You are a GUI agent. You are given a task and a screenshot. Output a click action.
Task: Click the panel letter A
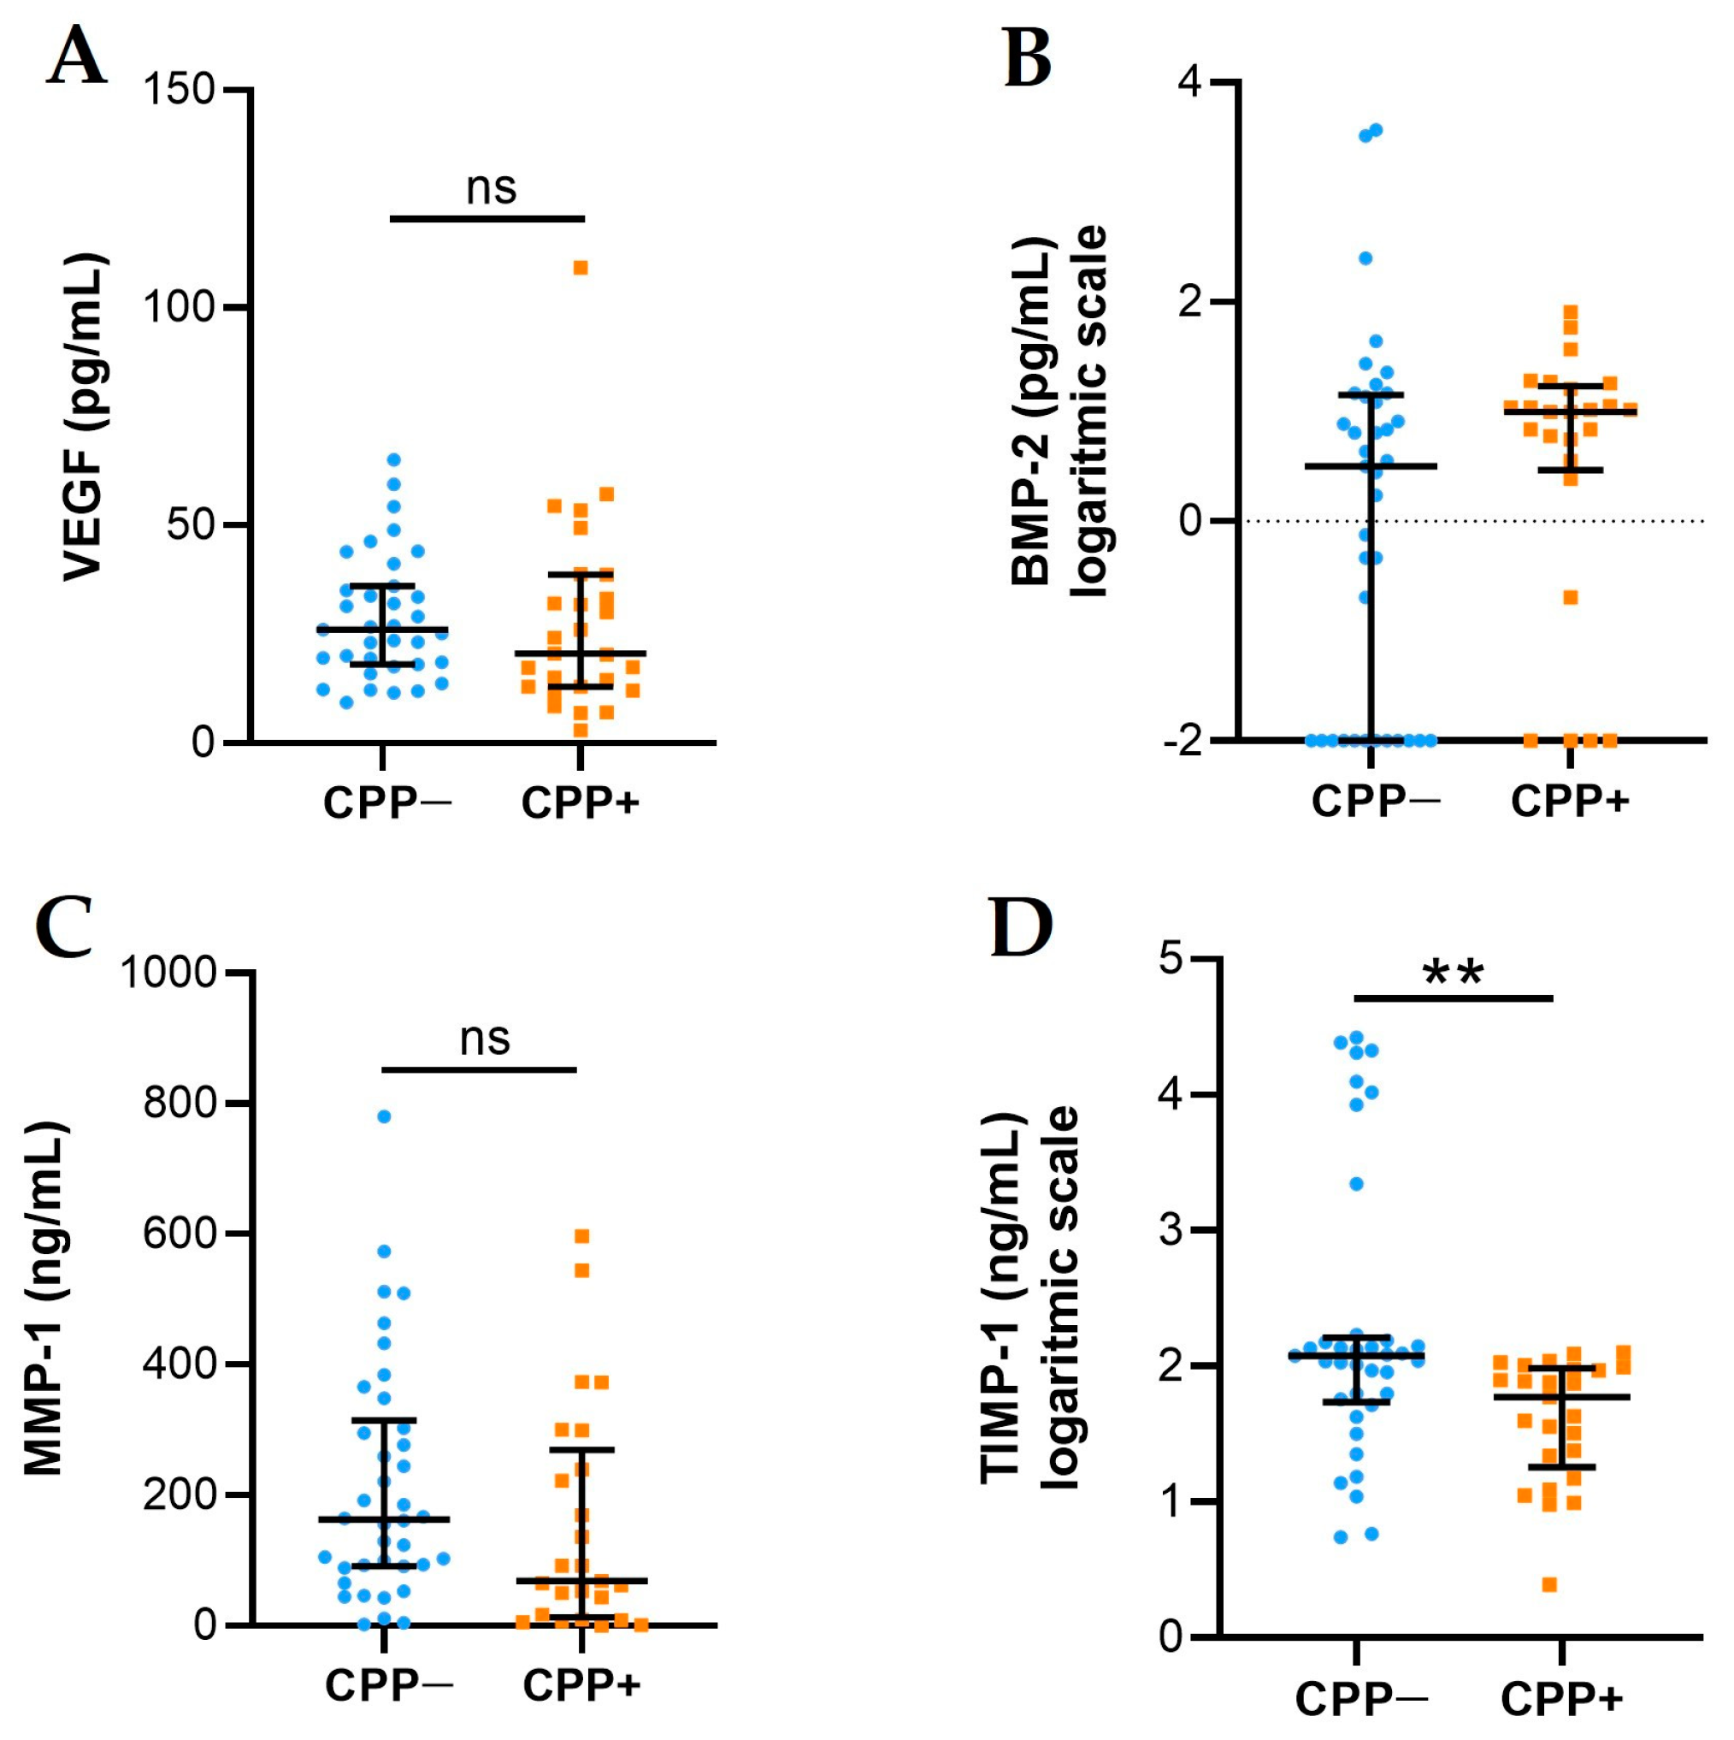tap(77, 56)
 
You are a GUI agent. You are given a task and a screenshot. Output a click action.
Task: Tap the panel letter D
tap(1021, 927)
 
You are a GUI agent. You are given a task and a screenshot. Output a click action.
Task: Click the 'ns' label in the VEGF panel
tap(491, 187)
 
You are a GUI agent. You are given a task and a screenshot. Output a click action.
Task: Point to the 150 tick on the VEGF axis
tap(180, 90)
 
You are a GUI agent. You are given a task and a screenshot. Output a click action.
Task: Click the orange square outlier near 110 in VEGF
tap(581, 268)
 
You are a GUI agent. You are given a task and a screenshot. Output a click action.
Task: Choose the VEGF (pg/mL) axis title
tap(85, 416)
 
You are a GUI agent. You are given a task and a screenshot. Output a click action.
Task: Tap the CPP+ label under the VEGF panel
tap(580, 802)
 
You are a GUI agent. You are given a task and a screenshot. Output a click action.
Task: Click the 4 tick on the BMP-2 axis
tap(1191, 82)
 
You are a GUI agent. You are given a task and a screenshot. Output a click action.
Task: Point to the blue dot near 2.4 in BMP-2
tap(1365, 258)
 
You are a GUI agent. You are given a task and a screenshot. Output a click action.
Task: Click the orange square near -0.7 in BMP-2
tap(1570, 597)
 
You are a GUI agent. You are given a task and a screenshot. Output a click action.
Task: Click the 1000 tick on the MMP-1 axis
tap(169, 973)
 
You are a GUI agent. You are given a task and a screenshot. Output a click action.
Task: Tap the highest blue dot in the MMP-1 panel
tap(384, 1116)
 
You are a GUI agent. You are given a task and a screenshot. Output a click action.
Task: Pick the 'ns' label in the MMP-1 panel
tap(484, 1039)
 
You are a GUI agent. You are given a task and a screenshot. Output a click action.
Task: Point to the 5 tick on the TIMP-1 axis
tap(1171, 958)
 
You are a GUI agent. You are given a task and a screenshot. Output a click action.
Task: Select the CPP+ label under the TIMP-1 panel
tap(1561, 1700)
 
